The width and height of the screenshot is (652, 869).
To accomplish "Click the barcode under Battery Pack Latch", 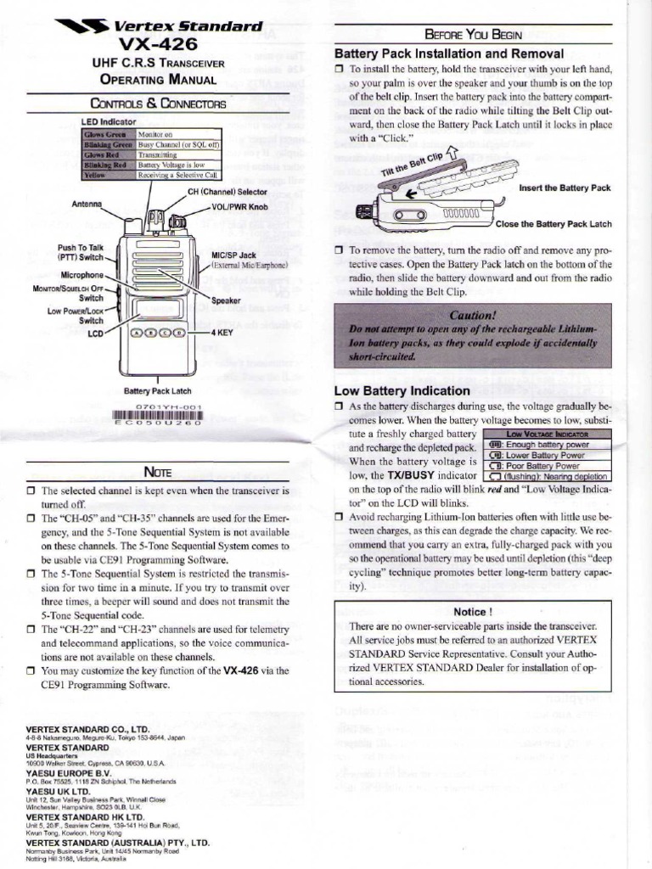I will point(161,415).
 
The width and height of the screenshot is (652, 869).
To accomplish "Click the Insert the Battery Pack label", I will point(564,188).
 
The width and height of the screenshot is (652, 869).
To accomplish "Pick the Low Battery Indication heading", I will point(402,390).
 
